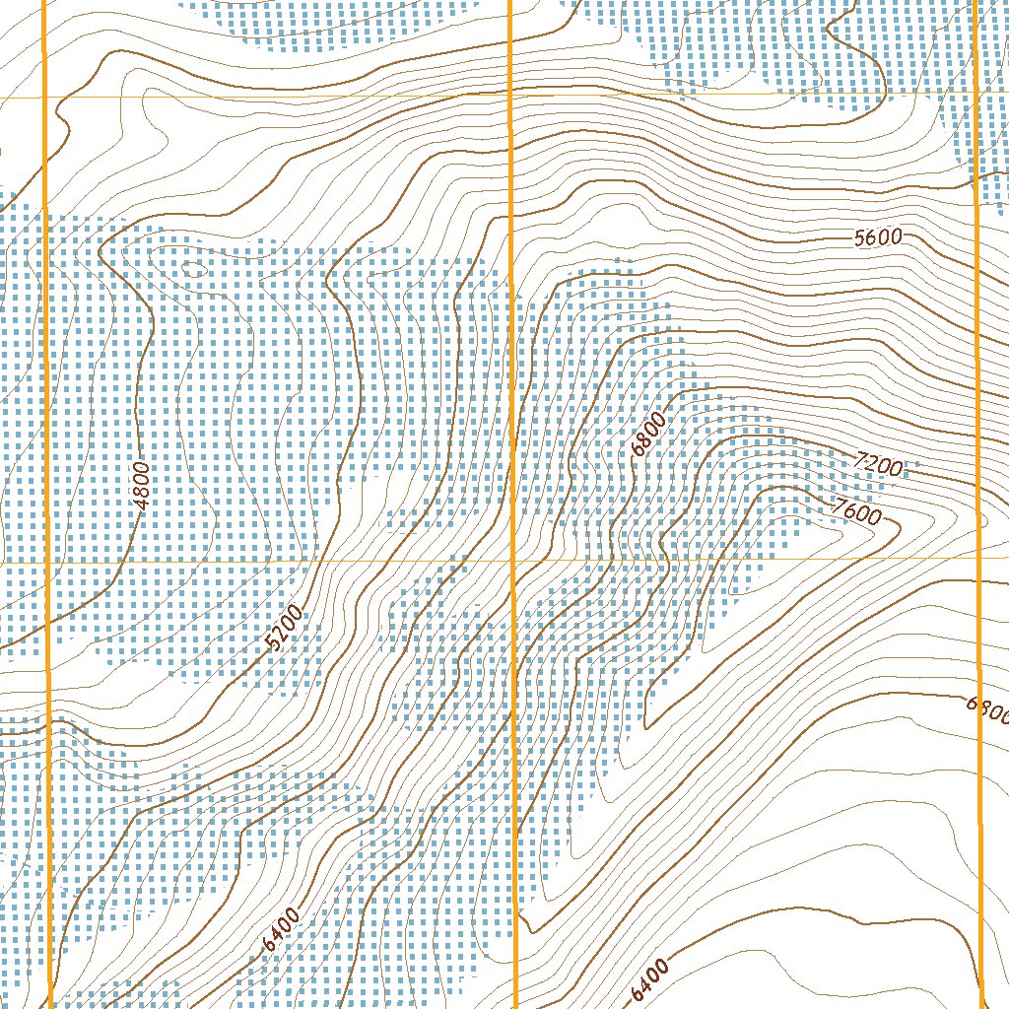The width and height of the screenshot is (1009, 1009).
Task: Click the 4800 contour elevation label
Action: point(142,485)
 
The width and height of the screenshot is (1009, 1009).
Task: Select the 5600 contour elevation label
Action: point(878,237)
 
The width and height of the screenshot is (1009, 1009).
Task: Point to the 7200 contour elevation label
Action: point(879,463)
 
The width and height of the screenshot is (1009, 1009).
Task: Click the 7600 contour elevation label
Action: point(854,512)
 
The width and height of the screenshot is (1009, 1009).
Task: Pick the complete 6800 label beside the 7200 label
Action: point(649,435)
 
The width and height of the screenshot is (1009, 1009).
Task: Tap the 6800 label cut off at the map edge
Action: point(987,708)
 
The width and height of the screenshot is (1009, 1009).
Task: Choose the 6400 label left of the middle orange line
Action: point(282,929)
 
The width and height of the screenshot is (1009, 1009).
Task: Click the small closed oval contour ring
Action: point(193,267)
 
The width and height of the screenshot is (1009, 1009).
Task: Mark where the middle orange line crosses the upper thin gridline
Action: point(509,96)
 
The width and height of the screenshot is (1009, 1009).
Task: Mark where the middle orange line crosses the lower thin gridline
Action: point(512,560)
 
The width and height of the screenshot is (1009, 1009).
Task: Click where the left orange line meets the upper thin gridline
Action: point(45,98)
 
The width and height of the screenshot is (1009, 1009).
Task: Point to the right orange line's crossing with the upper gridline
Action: point(974,94)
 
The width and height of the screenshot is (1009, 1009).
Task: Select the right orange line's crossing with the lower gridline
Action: point(977,558)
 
